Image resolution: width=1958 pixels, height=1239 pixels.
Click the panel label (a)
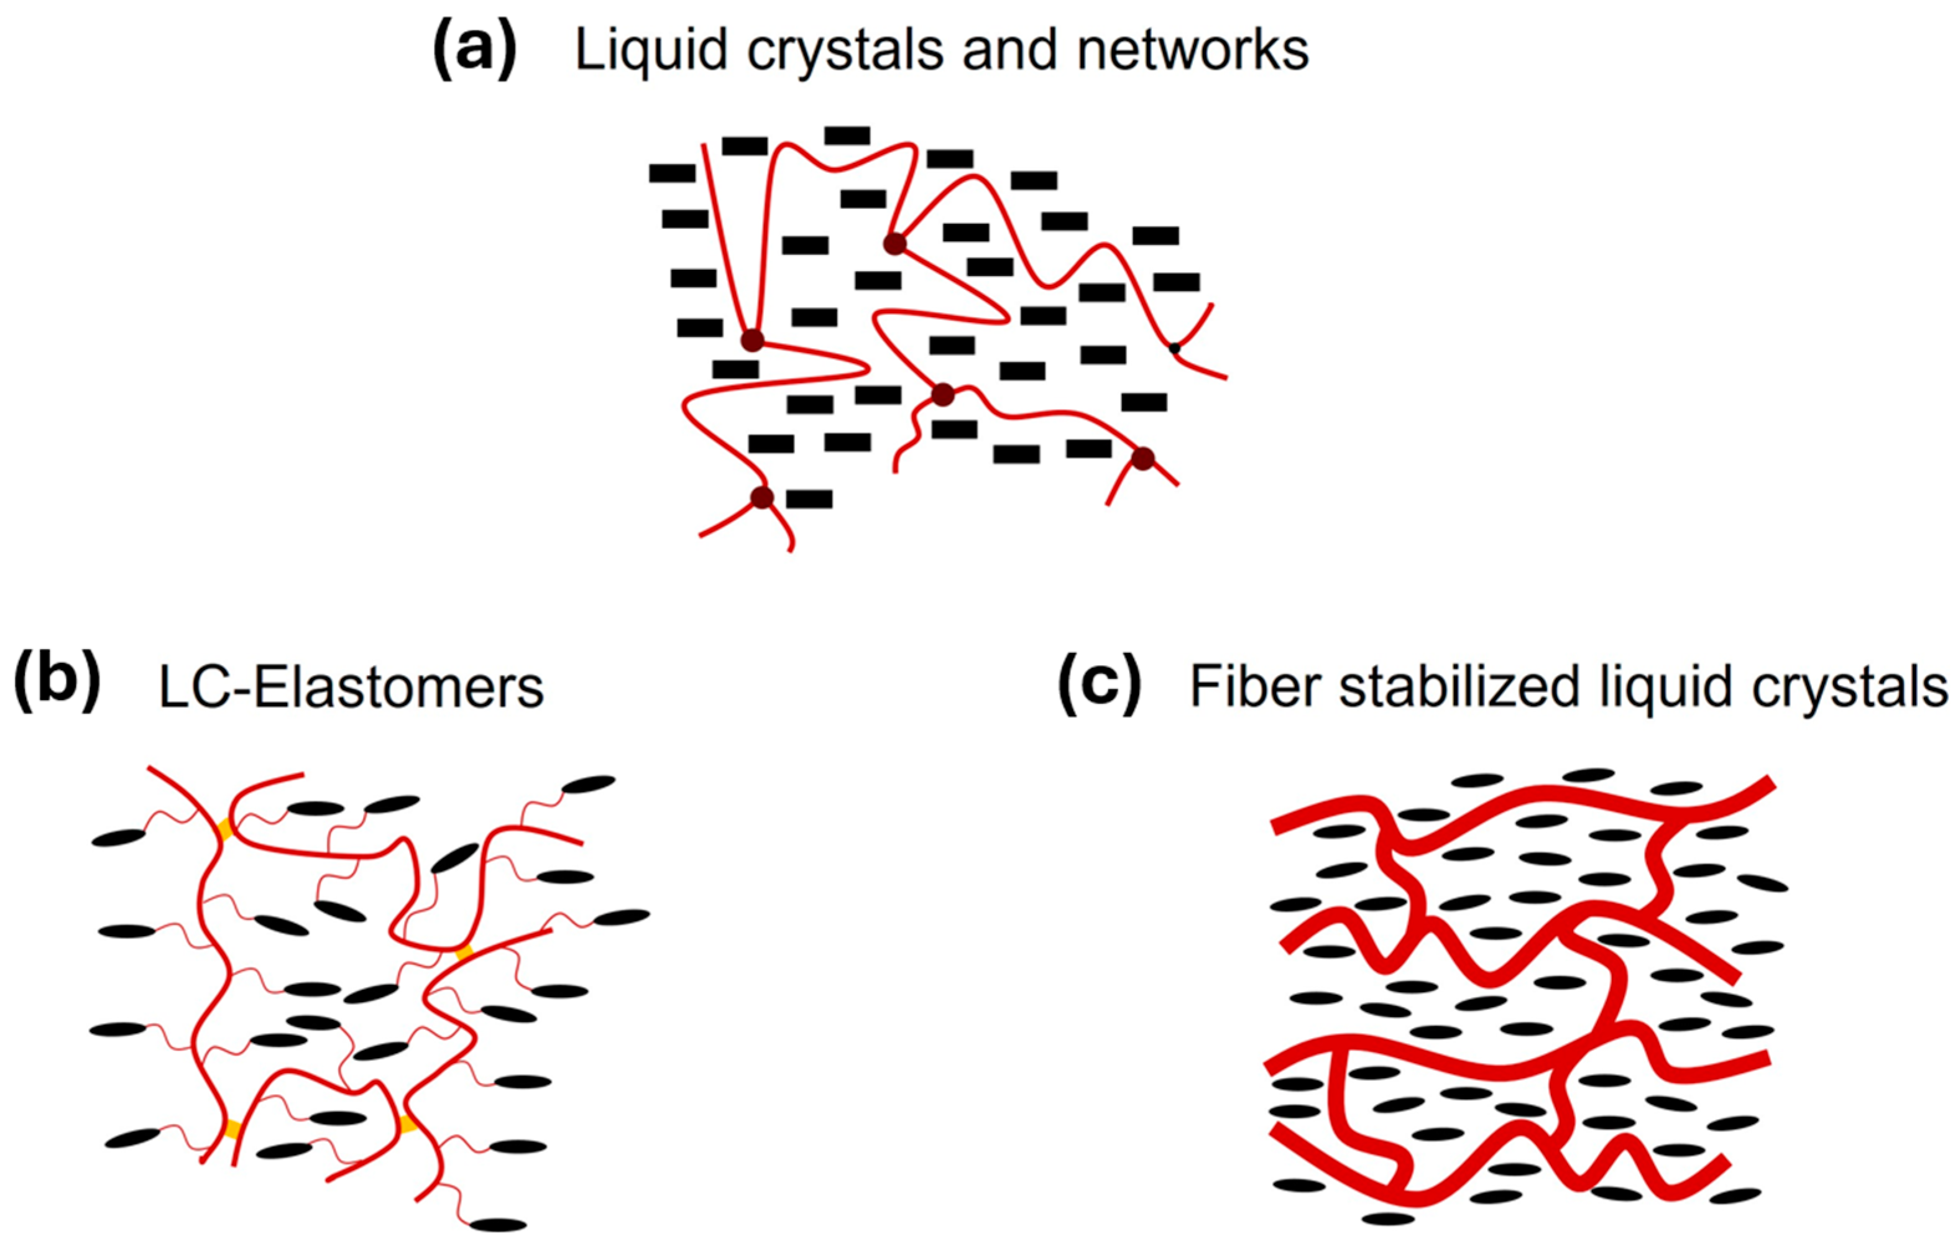(x=474, y=50)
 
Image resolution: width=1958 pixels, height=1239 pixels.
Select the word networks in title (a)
(x=1193, y=50)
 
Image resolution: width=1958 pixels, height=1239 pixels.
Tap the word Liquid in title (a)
(x=651, y=50)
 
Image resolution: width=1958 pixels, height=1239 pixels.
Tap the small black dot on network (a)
(x=1174, y=349)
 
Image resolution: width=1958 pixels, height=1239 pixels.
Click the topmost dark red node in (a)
(x=894, y=243)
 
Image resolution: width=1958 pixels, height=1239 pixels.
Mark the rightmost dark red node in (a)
(x=1142, y=459)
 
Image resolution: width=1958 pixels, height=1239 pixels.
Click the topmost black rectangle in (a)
(x=847, y=136)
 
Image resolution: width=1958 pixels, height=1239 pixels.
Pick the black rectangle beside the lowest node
(x=809, y=499)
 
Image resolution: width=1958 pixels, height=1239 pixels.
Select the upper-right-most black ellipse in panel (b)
(x=589, y=785)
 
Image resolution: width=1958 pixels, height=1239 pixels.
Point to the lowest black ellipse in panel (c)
(x=1388, y=1218)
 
